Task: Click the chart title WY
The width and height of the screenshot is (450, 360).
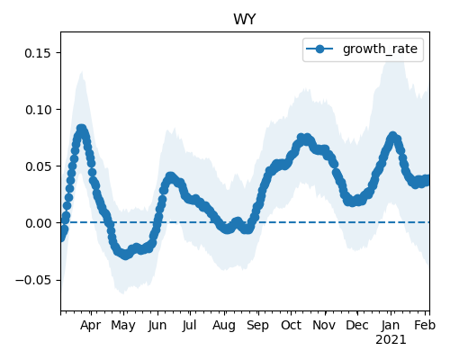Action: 245,20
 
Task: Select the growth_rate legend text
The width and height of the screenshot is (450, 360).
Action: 380,49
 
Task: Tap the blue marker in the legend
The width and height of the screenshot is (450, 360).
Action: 319,49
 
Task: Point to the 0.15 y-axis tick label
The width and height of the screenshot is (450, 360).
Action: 38,53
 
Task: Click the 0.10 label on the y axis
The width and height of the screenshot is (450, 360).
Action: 38,110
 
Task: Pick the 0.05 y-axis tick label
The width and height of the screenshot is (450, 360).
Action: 38,166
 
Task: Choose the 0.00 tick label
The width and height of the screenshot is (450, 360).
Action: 38,223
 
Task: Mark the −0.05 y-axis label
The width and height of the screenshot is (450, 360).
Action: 33,280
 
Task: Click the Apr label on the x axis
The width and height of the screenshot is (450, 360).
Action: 91,325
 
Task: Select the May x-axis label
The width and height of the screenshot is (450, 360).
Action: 123,326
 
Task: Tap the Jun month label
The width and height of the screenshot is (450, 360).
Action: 157,326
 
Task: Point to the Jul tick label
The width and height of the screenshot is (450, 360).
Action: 189,326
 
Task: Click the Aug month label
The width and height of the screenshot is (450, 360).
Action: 224,326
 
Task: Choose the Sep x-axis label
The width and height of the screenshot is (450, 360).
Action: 257,326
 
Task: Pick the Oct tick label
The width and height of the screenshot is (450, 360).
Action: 291,325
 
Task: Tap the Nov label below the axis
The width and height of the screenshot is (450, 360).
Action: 324,325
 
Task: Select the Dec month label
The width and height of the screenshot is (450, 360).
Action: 357,325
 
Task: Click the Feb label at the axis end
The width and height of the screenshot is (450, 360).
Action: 425,325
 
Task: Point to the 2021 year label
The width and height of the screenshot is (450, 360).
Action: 391,339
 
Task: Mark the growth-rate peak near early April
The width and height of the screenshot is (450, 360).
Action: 82,129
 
